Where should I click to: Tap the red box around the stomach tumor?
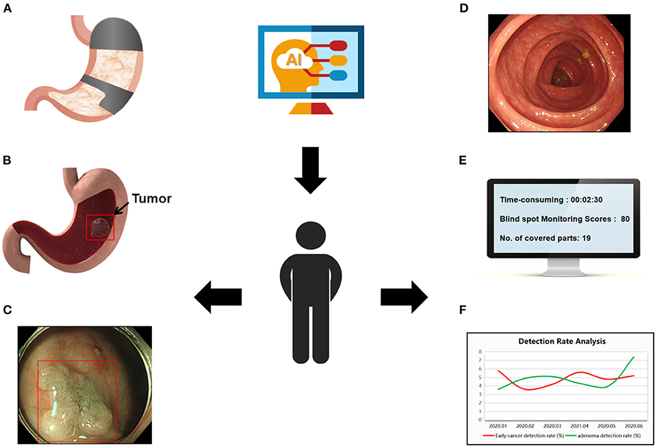[101, 226]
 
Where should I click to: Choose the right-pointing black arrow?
[404, 296]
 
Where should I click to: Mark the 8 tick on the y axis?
[481, 351]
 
